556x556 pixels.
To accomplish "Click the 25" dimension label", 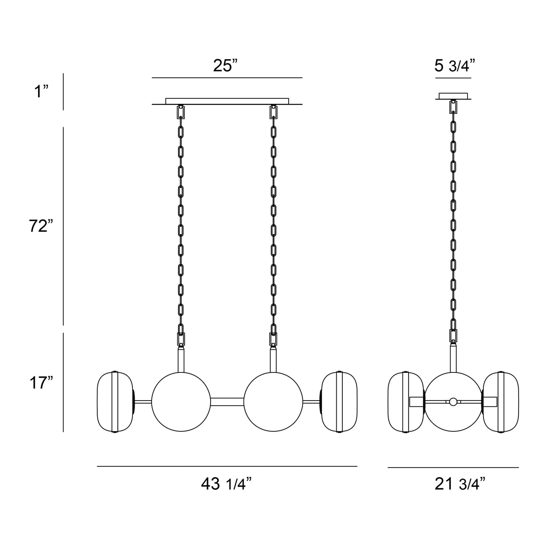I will click(x=227, y=66).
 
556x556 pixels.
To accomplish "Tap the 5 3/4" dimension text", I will click(x=453, y=66).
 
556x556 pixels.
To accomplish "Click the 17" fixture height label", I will click(x=40, y=383).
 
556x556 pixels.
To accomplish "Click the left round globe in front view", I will click(x=181, y=402).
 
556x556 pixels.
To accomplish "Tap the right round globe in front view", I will click(x=273, y=402).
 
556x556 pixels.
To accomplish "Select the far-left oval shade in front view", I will click(x=115, y=402).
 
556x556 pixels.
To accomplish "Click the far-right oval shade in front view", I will click(x=339, y=402).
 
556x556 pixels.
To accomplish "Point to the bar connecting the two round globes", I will click(x=227, y=402).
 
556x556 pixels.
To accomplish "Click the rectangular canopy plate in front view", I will click(x=227, y=101).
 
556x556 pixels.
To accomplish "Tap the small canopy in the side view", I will click(x=453, y=95).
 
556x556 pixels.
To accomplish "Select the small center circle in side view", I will click(x=453, y=402).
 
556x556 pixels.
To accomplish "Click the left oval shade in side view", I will click(x=405, y=402).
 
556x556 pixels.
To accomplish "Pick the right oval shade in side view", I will click(x=501, y=402).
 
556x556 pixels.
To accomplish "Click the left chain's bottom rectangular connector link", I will click(x=181, y=339).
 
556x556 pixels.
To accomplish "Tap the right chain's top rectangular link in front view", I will click(x=273, y=112).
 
